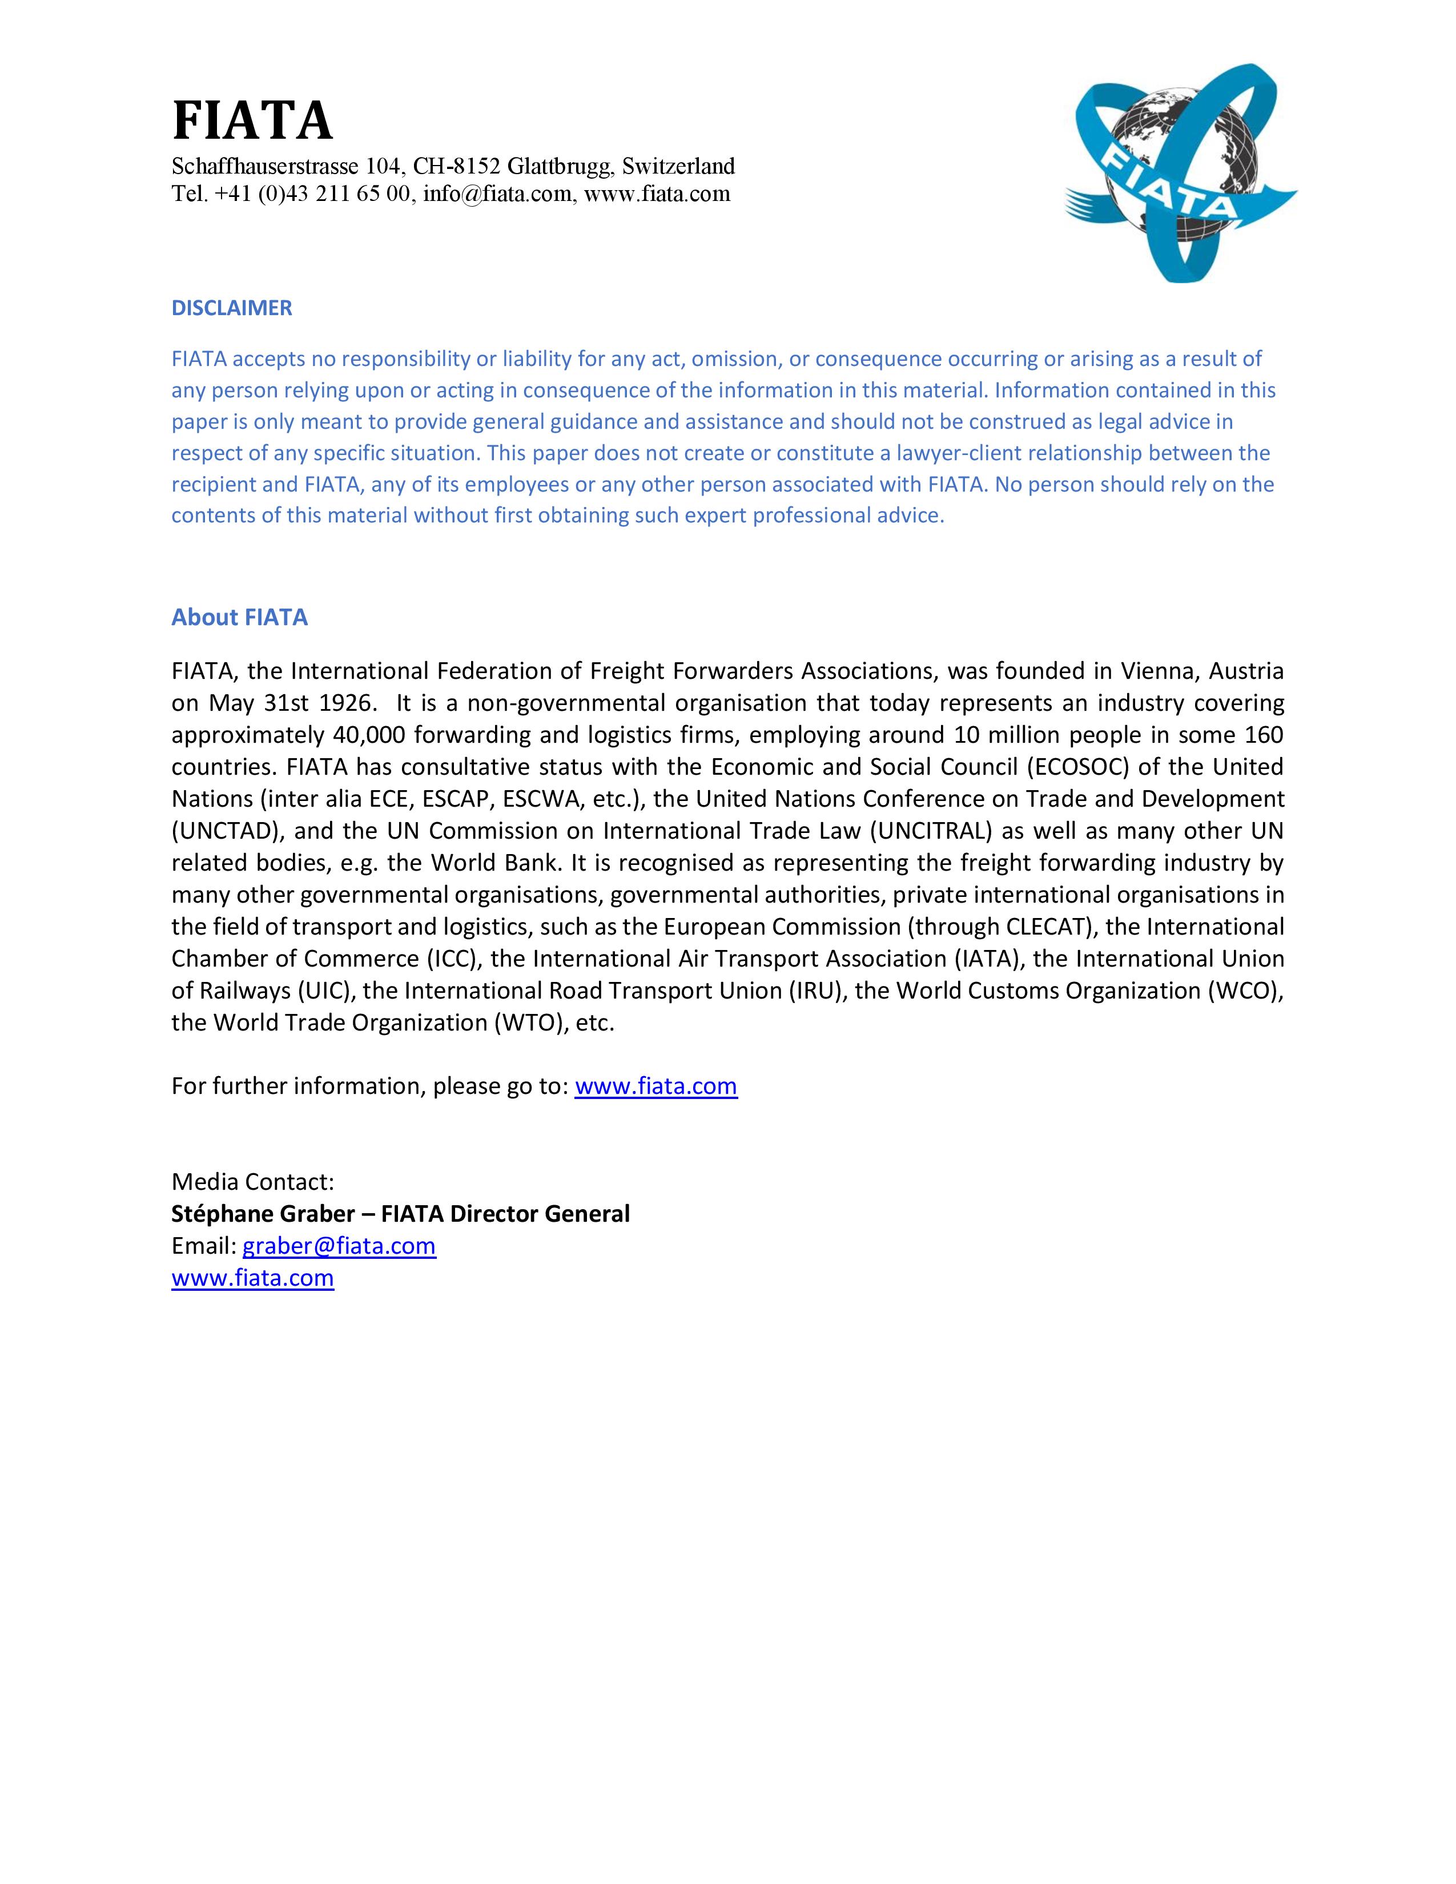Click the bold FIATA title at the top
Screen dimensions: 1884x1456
252,121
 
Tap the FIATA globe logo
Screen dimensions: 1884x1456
1180,172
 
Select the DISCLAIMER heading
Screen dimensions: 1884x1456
231,308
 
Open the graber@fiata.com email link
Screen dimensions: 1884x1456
339,1246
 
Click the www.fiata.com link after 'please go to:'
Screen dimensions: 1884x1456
655,1085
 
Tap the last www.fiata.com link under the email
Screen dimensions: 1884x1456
253,1278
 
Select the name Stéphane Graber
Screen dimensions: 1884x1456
263,1214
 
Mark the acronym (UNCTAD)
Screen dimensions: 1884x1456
227,831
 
